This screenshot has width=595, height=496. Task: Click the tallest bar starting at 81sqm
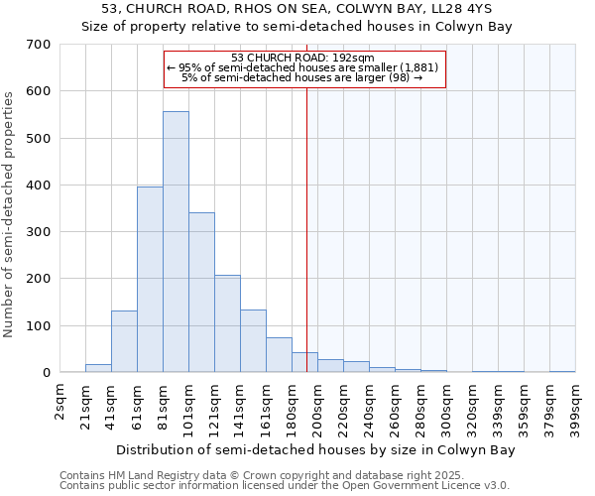pyautogui.click(x=176, y=242)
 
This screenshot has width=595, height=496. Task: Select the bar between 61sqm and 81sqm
pyautogui.click(x=150, y=280)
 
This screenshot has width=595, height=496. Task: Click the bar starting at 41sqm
pyautogui.click(x=124, y=342)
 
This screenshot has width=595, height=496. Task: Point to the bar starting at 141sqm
pyautogui.click(x=253, y=341)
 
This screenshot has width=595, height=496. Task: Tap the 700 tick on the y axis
pyautogui.click(x=39, y=45)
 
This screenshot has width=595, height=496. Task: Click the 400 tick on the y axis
pyautogui.click(x=39, y=186)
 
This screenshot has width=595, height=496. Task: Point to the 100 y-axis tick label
pyautogui.click(x=39, y=326)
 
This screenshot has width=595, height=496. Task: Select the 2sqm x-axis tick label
pyautogui.click(x=60, y=402)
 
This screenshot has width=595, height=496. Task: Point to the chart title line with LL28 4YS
pyautogui.click(x=297, y=9)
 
